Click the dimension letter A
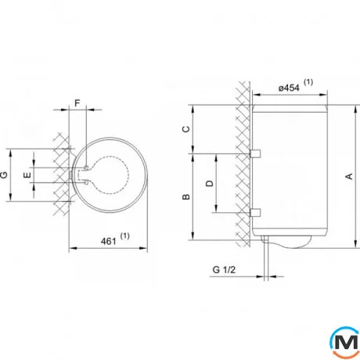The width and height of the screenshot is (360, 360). point(349,176)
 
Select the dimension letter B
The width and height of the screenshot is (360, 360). point(186,196)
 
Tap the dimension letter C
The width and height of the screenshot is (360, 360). point(186,129)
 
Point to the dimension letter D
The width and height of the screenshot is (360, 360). point(210,183)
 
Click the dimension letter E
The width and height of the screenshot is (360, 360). point(27,175)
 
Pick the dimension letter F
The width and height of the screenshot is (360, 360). point(77,103)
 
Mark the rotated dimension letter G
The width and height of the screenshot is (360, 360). point(4,175)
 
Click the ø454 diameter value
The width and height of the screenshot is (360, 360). point(289,88)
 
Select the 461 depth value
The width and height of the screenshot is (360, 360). point(108,241)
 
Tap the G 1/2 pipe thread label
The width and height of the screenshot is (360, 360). point(224,270)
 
